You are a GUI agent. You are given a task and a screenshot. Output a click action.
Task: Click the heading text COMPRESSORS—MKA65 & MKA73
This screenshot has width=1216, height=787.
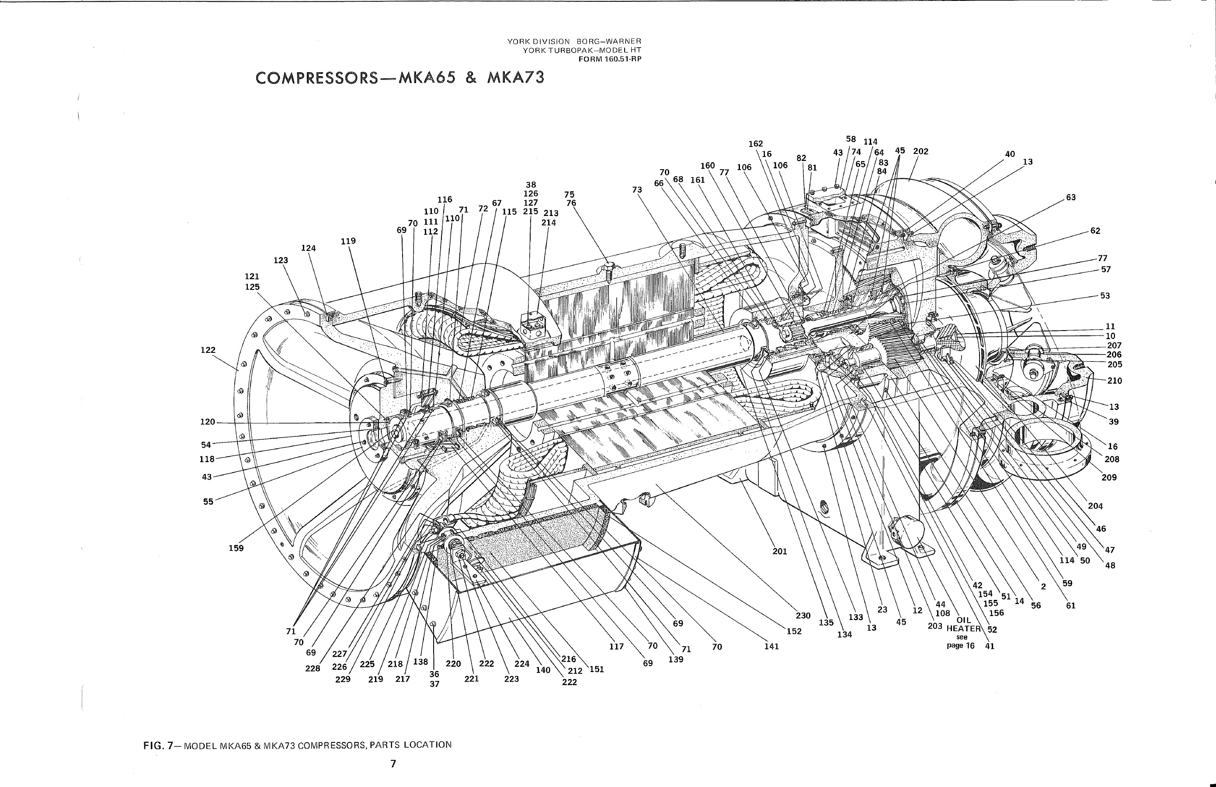(400, 78)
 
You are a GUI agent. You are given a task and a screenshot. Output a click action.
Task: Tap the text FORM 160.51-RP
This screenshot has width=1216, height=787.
(610, 59)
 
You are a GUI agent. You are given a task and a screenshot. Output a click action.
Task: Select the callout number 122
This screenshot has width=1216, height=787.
(208, 350)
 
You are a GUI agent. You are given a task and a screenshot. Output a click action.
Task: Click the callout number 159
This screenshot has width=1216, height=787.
(236, 548)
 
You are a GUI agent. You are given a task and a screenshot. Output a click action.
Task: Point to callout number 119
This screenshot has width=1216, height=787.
(348, 241)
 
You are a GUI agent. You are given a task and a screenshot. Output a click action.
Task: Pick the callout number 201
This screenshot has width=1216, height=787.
(780, 551)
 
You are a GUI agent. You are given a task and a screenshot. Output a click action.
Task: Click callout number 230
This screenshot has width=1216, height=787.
(803, 616)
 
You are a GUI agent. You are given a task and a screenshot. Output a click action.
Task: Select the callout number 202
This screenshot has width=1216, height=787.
(921, 151)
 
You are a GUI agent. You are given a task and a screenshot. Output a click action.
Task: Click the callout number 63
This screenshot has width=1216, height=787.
(1071, 197)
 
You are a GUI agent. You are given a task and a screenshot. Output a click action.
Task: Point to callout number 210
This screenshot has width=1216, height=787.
(1115, 381)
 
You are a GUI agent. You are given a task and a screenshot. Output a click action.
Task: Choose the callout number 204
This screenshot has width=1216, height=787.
(1095, 506)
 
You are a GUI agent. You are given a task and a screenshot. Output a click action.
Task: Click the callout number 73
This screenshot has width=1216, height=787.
(636, 190)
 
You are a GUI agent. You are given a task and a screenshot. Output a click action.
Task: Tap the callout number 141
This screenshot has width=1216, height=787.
(771, 647)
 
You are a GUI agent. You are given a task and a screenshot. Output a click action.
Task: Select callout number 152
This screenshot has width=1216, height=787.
(794, 631)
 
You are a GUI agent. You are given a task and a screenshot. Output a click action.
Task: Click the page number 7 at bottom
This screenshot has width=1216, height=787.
(393, 764)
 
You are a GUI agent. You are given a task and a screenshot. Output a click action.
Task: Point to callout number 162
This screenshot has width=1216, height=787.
(756, 143)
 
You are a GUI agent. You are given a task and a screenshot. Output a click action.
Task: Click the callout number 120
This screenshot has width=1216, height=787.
(208, 422)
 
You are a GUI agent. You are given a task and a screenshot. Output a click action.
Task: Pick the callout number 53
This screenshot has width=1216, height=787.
(1105, 296)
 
